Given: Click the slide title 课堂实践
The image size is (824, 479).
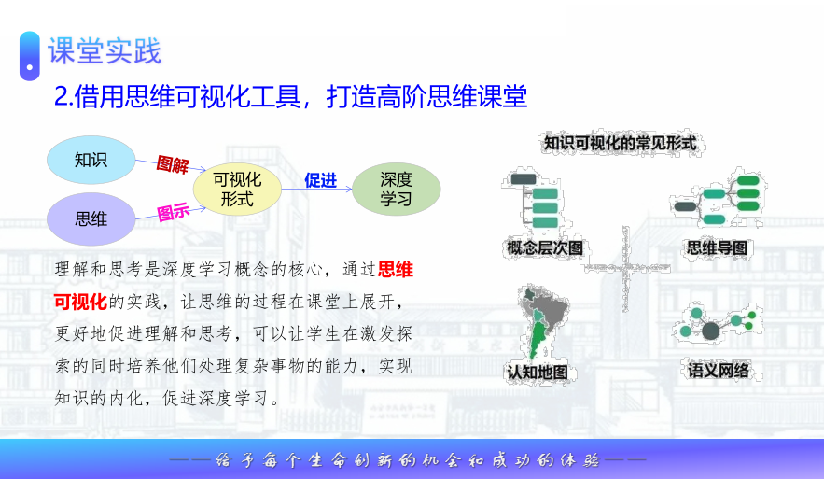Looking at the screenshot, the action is [105, 51].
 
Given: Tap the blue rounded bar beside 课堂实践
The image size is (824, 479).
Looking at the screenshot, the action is [30, 56].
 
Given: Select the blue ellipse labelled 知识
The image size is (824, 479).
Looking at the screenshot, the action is [91, 160].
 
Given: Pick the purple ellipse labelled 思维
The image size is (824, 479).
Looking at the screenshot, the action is [91, 218].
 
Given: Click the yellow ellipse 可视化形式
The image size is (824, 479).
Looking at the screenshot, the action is [237, 190].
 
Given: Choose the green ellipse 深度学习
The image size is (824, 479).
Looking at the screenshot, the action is [396, 190].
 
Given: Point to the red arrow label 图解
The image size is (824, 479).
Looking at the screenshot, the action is [173, 164].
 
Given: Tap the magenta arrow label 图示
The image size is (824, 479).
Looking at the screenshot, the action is [173, 212].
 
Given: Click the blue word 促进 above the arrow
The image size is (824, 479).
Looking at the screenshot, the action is [321, 180].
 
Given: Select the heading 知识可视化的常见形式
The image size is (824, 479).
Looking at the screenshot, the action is [621, 143].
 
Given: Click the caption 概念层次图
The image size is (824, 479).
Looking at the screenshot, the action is [545, 247].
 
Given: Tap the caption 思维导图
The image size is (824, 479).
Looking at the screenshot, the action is [717, 247].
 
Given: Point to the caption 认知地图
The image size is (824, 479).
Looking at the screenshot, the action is [538, 373].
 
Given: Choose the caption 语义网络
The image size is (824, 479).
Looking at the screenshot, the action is [719, 371].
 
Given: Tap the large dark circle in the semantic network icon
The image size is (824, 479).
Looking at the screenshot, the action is [710, 331].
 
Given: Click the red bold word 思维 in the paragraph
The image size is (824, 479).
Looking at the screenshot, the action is [395, 269].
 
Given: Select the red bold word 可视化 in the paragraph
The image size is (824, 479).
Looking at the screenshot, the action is [80, 302].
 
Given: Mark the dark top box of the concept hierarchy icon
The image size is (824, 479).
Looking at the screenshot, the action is [524, 179].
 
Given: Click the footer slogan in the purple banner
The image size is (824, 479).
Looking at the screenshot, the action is [408, 460].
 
